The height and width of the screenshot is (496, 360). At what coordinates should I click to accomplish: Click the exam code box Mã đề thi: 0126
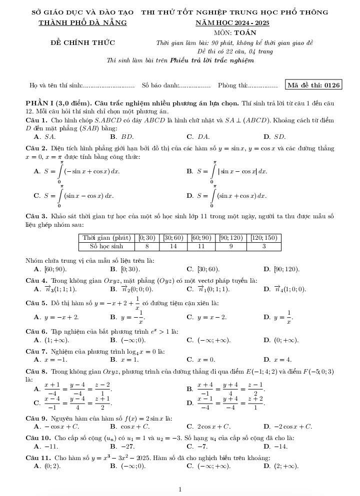click(313, 85)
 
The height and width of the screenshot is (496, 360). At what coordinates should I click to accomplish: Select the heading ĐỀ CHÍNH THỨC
click(82, 42)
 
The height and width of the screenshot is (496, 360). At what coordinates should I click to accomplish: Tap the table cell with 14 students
click(173, 246)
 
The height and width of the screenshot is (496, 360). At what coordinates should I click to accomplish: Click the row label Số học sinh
click(106, 246)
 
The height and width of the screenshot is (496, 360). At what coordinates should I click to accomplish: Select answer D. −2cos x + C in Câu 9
click(287, 427)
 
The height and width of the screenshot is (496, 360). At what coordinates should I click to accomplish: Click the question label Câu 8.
click(36, 372)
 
